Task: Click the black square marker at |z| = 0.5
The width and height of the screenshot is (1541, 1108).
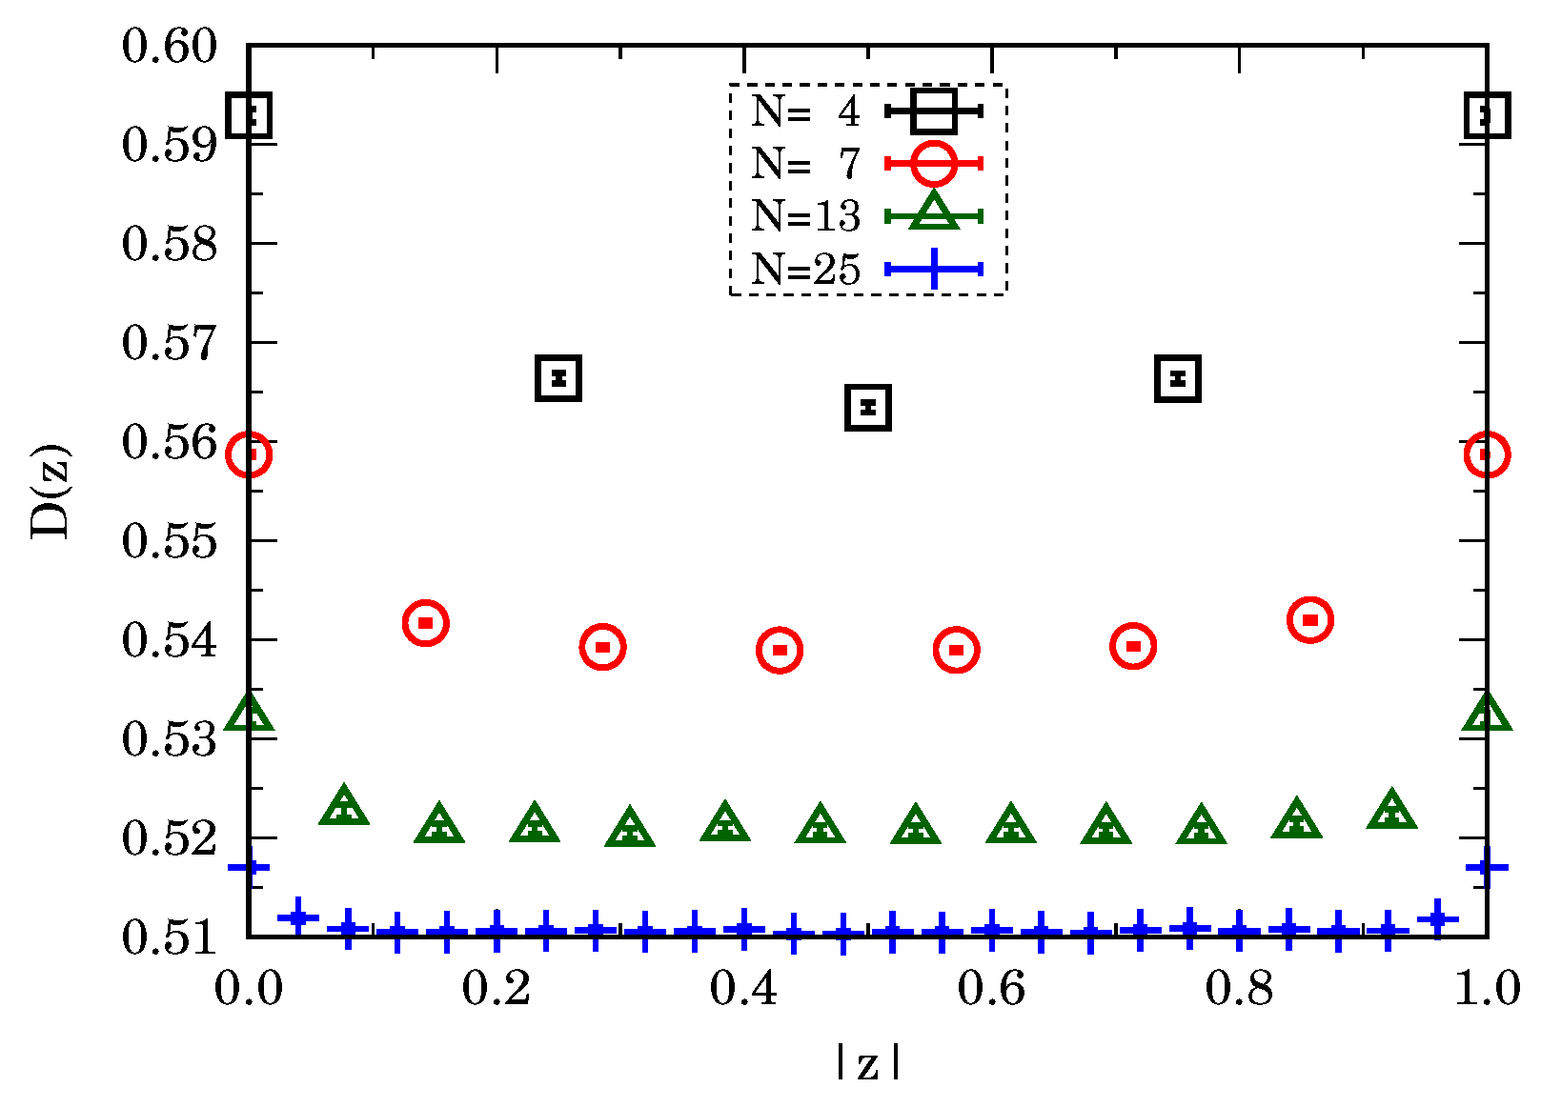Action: pos(867,408)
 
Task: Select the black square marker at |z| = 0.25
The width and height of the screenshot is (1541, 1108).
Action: pos(558,378)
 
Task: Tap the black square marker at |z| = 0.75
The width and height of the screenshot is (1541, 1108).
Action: pos(1177,378)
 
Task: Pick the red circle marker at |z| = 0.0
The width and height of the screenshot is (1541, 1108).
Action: pos(249,454)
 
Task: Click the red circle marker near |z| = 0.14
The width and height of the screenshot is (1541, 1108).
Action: pos(425,623)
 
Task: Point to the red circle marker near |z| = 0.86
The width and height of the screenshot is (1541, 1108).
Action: pos(1309,620)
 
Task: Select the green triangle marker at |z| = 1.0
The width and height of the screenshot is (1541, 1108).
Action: pos(1486,714)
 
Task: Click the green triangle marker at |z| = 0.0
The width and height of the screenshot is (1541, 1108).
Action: pos(249,714)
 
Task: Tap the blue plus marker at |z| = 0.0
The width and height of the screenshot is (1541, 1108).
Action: pos(250,867)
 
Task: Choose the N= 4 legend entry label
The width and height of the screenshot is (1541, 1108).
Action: pos(805,111)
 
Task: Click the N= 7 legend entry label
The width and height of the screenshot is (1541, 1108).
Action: pos(805,164)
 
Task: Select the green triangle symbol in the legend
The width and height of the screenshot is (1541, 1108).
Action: pos(933,213)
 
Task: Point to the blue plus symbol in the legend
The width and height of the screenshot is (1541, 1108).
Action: pos(933,269)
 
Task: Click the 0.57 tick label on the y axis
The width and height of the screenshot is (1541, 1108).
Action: pos(170,343)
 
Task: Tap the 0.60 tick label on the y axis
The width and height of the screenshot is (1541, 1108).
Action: pos(170,46)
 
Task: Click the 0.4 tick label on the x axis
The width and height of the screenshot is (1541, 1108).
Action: pos(743,989)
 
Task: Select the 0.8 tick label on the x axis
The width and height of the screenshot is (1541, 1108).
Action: pos(1239,989)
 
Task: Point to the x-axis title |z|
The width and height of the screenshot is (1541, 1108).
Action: pos(867,1063)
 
